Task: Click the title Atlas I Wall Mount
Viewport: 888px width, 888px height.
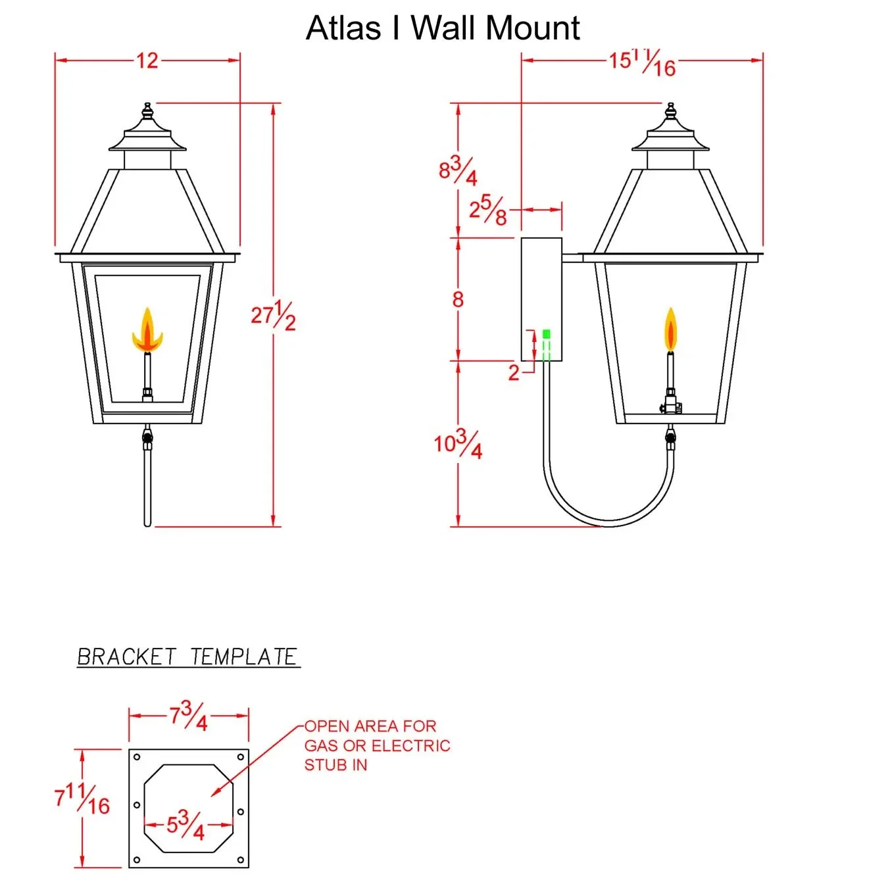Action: (443, 28)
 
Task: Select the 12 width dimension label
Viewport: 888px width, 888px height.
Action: (147, 61)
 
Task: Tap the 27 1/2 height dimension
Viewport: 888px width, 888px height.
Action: (273, 316)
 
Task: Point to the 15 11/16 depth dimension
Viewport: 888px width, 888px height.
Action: (642, 63)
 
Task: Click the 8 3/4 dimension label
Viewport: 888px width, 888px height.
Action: (458, 171)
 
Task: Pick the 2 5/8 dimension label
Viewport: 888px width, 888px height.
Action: (487, 210)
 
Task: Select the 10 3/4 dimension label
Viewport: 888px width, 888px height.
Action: (458, 445)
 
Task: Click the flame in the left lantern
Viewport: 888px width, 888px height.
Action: (147, 332)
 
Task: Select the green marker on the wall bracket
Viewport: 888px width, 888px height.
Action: (546, 334)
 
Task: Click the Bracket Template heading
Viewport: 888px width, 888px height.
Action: (187, 657)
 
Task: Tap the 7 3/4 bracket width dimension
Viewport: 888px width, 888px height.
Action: (189, 716)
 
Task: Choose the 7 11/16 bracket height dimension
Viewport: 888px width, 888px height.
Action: (82, 799)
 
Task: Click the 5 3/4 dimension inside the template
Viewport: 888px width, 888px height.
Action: (185, 825)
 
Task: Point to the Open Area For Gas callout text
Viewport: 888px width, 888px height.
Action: (377, 745)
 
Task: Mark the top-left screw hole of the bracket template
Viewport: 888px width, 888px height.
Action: (137, 757)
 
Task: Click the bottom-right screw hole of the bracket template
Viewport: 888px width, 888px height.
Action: (241, 860)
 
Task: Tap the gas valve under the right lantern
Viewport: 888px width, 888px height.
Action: (670, 435)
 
